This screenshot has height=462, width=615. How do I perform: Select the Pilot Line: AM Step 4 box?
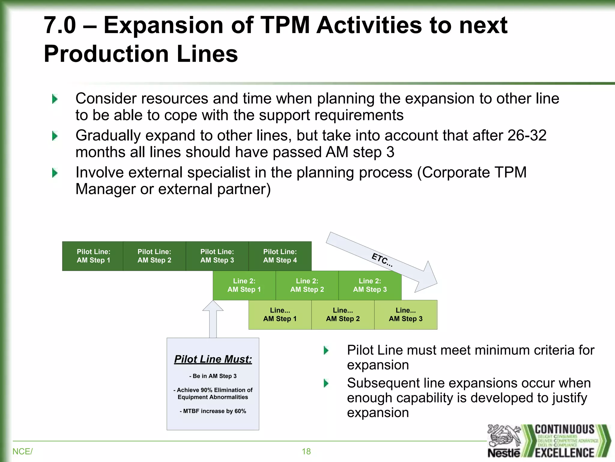[280, 256]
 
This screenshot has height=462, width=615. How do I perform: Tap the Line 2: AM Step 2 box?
[307, 285]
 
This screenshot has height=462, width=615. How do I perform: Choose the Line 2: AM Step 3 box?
[370, 285]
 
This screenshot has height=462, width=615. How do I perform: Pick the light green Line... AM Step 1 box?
[280, 315]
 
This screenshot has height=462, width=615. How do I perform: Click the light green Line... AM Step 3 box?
[405, 315]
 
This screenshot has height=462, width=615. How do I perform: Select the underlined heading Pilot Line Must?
[213, 359]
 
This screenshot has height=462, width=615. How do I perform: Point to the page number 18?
[306, 451]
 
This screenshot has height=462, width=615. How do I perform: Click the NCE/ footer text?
[23, 451]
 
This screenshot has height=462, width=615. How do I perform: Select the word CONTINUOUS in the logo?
[565, 429]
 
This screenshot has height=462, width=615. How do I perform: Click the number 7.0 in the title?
[60, 25]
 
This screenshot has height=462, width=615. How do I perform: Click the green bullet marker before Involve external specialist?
[55, 173]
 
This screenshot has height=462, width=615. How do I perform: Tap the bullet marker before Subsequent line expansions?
[326, 383]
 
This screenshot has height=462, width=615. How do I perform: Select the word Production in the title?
[106, 54]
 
